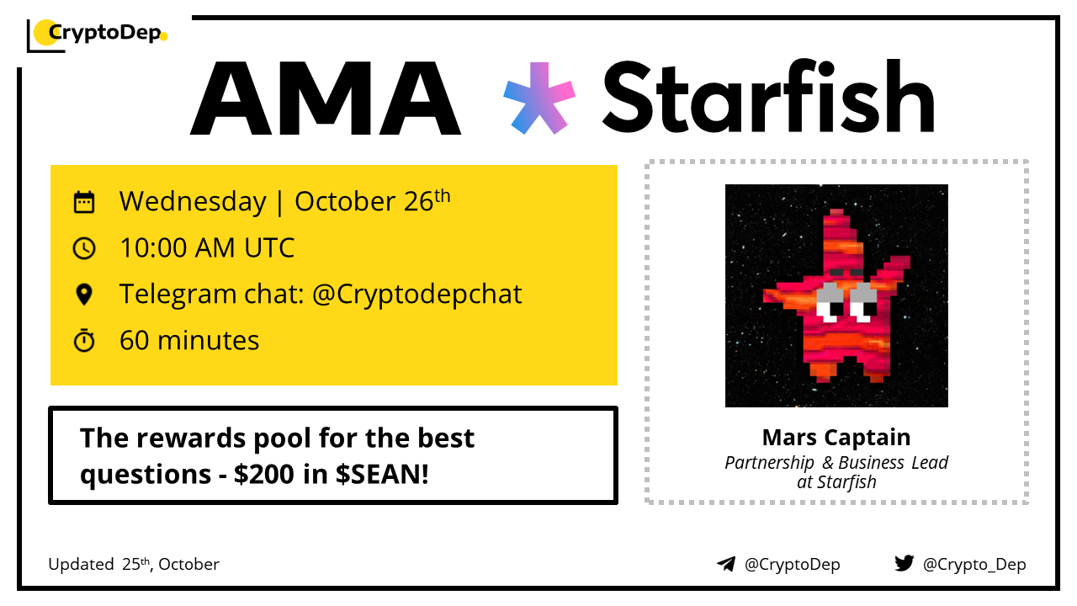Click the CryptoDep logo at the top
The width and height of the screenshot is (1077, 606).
[x=98, y=35]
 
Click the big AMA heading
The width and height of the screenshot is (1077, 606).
[x=326, y=98]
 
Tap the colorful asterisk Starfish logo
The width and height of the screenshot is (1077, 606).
[x=539, y=98]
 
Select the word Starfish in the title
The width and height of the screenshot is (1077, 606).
[x=769, y=96]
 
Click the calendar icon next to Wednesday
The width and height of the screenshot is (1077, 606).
[x=84, y=201]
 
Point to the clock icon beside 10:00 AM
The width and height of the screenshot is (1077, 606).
[x=84, y=248]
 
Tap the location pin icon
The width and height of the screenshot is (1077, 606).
[x=84, y=295]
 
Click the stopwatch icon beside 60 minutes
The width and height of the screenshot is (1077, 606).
[x=84, y=341]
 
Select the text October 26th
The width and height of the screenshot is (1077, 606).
[x=373, y=200]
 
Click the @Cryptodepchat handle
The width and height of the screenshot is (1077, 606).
[x=416, y=295]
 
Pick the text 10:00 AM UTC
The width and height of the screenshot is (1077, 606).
[x=207, y=248]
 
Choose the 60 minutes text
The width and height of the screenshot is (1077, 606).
[x=189, y=341]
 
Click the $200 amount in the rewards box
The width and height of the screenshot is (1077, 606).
[x=264, y=474]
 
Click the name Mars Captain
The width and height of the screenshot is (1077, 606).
[x=836, y=438]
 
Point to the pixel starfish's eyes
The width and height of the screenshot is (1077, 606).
[x=847, y=303]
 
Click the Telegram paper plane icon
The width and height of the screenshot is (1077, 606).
[x=726, y=564]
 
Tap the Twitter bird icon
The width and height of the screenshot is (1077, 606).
[x=905, y=563]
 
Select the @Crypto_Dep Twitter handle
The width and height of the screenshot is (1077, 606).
[x=974, y=564]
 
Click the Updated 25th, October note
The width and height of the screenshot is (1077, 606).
[x=134, y=564]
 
